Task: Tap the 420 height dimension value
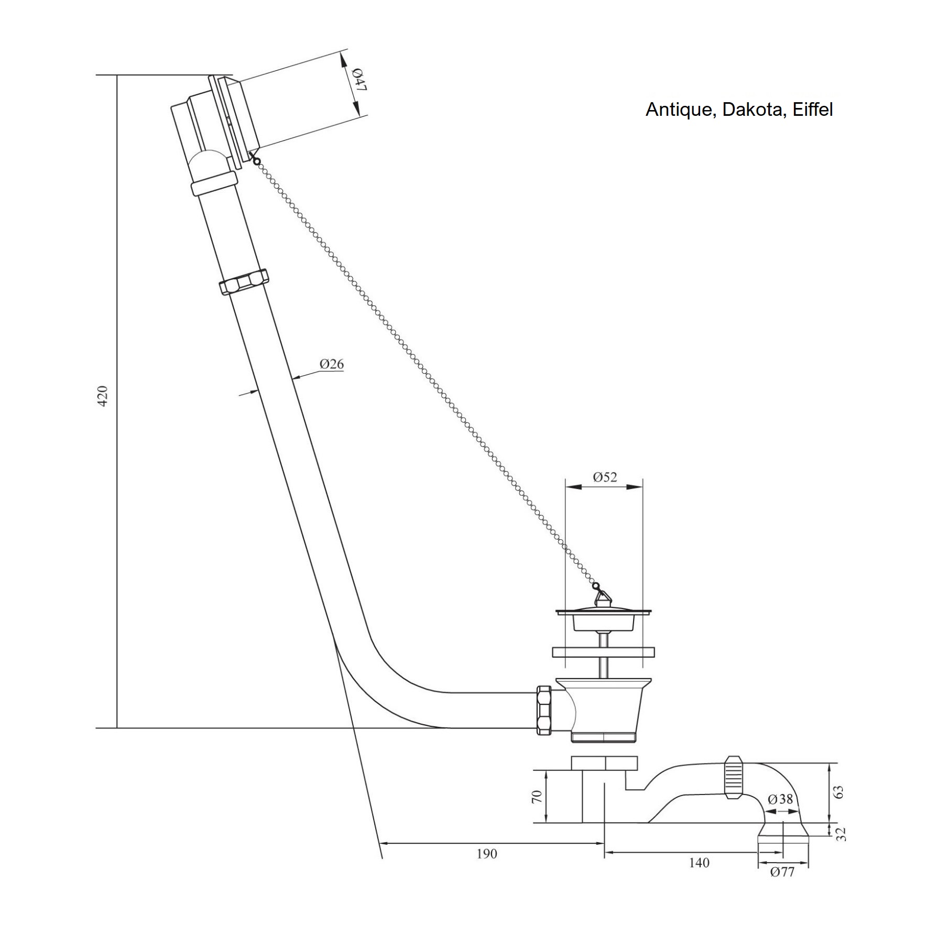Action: pos(103,396)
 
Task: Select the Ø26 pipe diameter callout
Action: pos(332,364)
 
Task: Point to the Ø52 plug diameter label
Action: pos(605,477)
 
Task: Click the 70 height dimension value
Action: pos(537,797)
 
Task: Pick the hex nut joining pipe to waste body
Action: pos(544,710)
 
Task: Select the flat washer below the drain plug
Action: pos(604,652)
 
